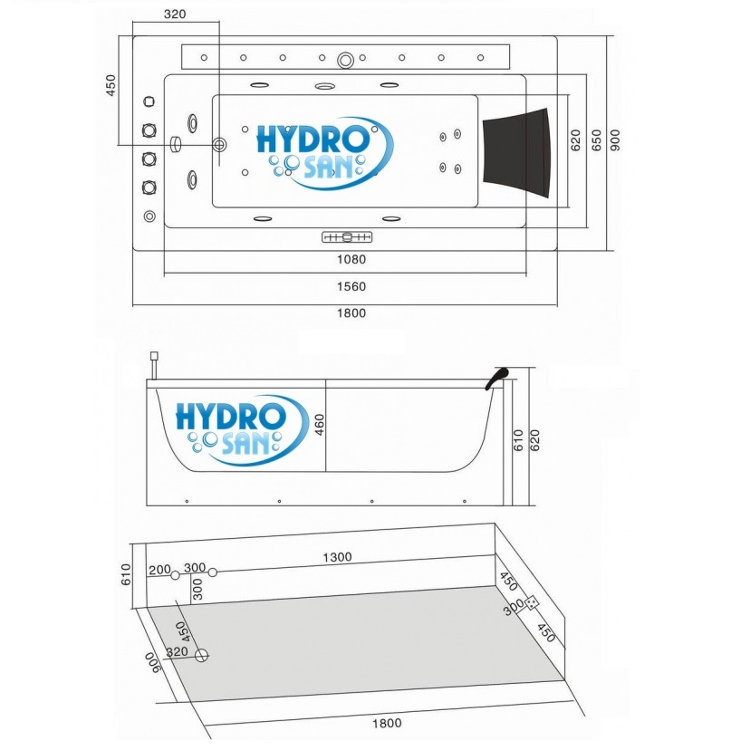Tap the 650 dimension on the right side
coord(595,139)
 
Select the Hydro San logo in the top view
coord(323,152)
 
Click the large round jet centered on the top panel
coord(345,61)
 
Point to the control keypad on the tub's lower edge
coord(347,237)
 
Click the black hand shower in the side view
coord(497,377)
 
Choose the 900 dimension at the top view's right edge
coord(615,139)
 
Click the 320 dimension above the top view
coord(176,14)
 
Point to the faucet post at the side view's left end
coord(156,364)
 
